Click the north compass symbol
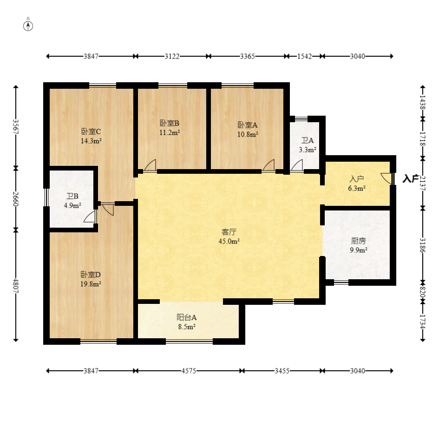pos(28,26)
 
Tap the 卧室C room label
pos(91,131)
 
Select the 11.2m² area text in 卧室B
pos(170,132)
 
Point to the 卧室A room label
pos(248,125)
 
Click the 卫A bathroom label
pos(308,140)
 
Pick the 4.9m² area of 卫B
pos(72,205)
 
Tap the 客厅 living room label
pos(229,232)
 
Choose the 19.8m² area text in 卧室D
pos(91,284)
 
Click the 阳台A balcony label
pos(186,317)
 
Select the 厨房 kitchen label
pos(358,241)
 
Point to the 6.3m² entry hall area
pos(357,189)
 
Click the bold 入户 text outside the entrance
pos(411,178)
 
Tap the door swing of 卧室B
pos(150,165)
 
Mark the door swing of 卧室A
pos(268,165)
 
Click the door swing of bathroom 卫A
pos(297,165)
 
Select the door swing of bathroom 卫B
pos(90,217)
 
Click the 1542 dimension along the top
pos(304,56)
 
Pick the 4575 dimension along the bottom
pos(189,371)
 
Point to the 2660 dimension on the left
pos(16,199)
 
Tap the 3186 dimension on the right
pos(422,245)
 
